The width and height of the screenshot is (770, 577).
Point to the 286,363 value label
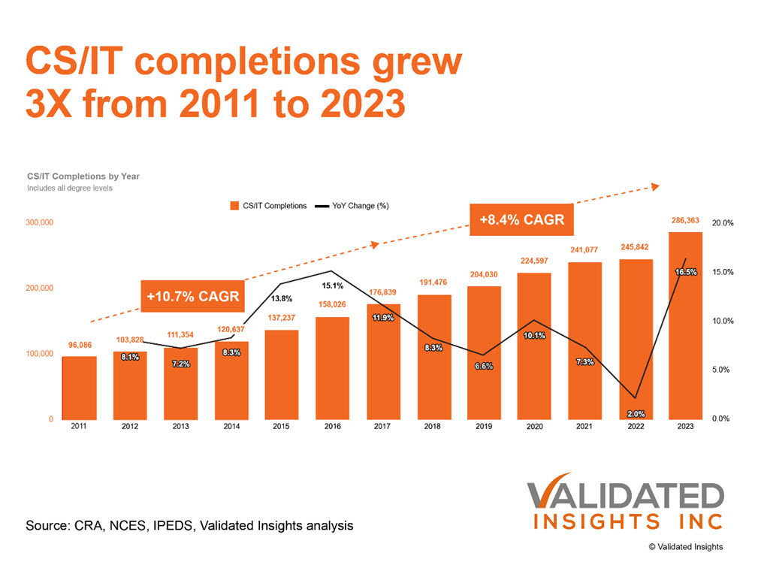(684, 221)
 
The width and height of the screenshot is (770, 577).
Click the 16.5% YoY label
(684, 272)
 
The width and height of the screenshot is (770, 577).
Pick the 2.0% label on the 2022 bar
(635, 413)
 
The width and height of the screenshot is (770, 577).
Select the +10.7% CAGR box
(193, 296)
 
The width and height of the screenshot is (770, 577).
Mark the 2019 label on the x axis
(484, 427)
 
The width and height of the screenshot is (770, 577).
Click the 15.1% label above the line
(332, 285)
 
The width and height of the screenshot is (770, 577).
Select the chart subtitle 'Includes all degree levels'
(70, 188)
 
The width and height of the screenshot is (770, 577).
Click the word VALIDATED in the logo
(624, 497)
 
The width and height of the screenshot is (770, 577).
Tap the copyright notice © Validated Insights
(686, 547)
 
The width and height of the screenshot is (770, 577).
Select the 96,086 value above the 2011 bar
(80, 345)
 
